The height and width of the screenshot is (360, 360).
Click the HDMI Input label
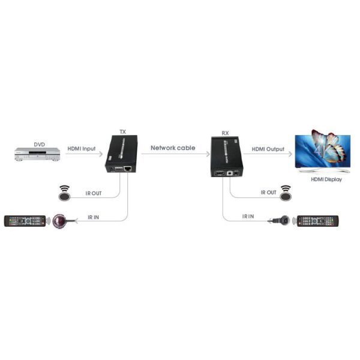tap(82, 148)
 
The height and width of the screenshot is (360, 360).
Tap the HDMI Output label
tap(268, 148)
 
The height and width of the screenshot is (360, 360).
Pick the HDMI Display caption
tap(325, 178)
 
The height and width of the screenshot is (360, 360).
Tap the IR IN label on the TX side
tap(94, 216)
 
